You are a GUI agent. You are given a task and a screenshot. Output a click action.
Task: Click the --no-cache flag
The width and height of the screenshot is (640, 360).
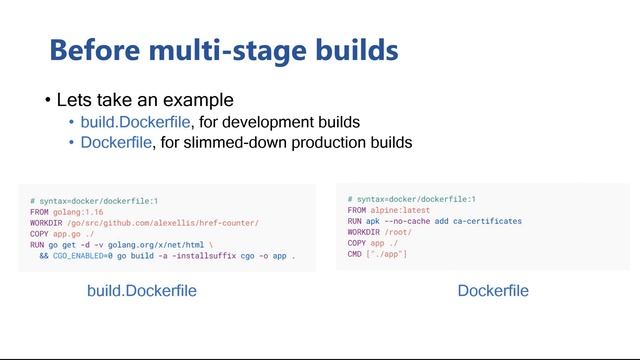click(x=411, y=221)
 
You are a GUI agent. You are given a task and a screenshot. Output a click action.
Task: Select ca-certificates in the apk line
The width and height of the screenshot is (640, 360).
click(x=487, y=221)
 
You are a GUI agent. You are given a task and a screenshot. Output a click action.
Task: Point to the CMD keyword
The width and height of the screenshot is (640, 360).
click(x=355, y=254)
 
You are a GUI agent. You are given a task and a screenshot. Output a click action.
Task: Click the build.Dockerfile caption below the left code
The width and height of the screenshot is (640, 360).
click(x=142, y=291)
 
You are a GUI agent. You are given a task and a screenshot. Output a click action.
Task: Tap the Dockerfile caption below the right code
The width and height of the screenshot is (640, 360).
click(x=493, y=291)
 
